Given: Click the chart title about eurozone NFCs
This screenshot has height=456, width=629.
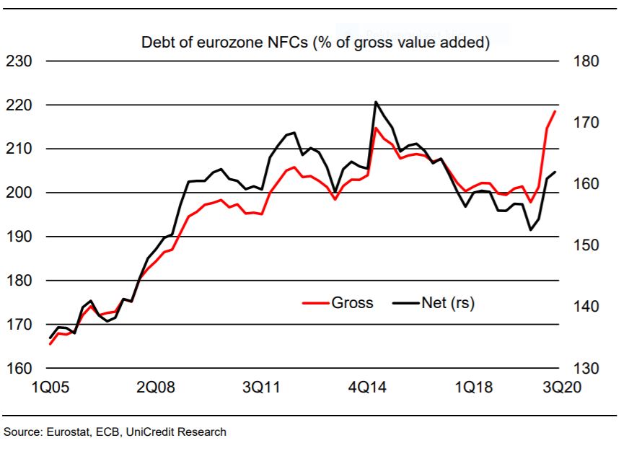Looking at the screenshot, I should tap(315, 42).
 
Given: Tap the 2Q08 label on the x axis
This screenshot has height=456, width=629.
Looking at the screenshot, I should tap(155, 387).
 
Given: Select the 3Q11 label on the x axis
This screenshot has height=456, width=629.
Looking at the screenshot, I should tap(262, 387).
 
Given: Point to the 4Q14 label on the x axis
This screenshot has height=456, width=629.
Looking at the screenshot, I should tap(368, 387).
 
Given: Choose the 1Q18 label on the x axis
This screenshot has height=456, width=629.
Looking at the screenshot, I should tap(474, 387).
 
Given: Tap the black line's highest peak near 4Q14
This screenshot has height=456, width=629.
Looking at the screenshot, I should tap(376, 102).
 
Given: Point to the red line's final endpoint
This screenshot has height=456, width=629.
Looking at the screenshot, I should tap(554, 111).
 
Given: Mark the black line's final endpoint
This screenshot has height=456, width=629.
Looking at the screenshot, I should tap(555, 172).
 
